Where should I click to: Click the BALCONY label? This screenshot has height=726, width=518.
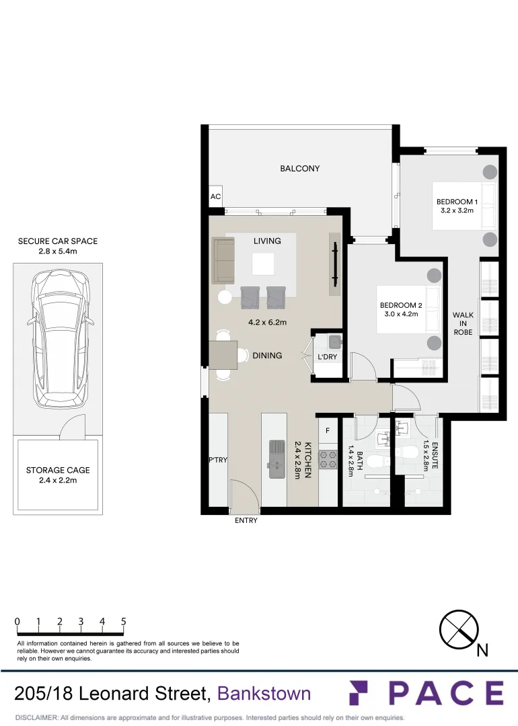tap(300, 169)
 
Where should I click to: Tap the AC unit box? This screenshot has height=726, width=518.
tap(215, 197)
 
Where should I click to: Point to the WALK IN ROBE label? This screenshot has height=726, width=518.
tap(463, 323)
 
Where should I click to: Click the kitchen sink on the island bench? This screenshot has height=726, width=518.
tap(276, 458)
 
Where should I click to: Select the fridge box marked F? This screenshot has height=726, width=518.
tap(328, 430)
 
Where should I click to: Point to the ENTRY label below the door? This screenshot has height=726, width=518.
tap(246, 520)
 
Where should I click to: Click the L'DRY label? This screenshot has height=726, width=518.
tap(327, 356)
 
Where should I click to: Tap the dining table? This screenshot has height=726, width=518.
tap(223, 355)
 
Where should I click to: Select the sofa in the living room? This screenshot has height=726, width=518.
tap(223, 261)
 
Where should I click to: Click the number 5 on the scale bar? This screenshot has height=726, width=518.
tap(124, 622)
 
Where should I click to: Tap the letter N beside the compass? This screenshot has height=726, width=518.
tap(482, 650)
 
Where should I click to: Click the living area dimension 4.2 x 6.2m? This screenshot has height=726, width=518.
tap(267, 322)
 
